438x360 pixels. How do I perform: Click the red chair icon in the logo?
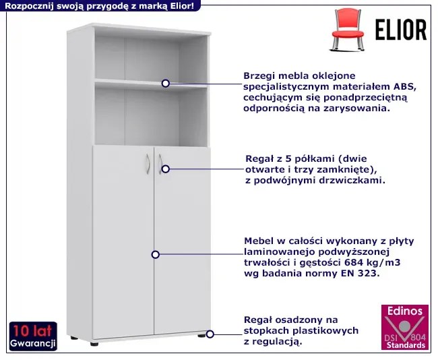pyautogui.click(x=348, y=30)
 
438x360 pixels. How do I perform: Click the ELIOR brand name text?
pyautogui.click(x=401, y=30)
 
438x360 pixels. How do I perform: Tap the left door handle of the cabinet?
pyautogui.click(x=148, y=164)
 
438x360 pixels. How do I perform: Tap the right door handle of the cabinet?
pyautogui.click(x=160, y=164)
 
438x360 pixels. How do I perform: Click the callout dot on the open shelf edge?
pyautogui.click(x=166, y=84)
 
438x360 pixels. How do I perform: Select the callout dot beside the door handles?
pyautogui.click(x=166, y=169)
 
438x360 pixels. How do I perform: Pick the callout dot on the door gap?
pyautogui.click(x=156, y=255)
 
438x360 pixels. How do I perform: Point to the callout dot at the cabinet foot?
pyautogui.click(x=210, y=334)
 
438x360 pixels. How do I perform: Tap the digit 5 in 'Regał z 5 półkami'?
pyautogui.click(x=281, y=158)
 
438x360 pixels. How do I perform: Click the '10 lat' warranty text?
pyautogui.click(x=33, y=330)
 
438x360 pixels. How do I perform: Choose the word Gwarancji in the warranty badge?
pyautogui.click(x=33, y=343)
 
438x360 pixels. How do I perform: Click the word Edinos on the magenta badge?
pyautogui.click(x=405, y=311)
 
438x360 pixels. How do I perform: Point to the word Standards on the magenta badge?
pyautogui.click(x=406, y=345)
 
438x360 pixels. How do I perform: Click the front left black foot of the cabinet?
pyautogui.click(x=94, y=344)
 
